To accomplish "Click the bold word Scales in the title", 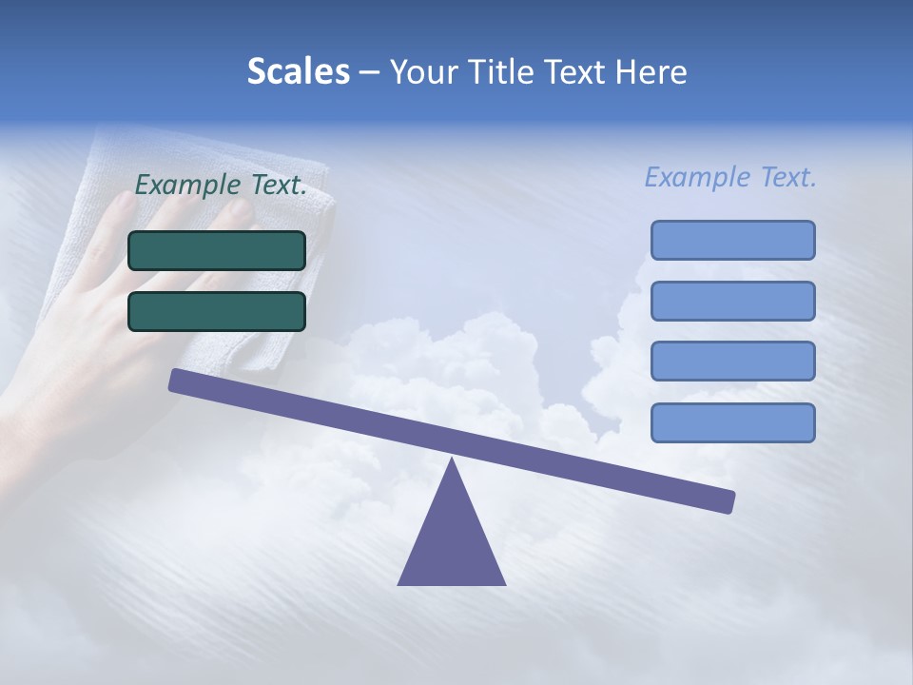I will point(298,71).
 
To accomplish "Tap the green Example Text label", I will point(221,186).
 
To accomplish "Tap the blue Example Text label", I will point(730,177).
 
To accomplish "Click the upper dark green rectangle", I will point(217,250).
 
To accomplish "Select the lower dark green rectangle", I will point(217,311).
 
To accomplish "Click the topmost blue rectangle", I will point(732,240).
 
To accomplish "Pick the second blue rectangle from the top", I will point(732,301).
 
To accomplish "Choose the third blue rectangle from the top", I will point(732,362).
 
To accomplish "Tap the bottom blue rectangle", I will point(732,422).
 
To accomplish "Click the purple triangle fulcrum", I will point(452,542).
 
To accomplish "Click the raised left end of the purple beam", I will point(177,380).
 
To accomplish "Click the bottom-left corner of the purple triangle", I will point(399,583).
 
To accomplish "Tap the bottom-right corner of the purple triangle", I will point(504,583).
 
